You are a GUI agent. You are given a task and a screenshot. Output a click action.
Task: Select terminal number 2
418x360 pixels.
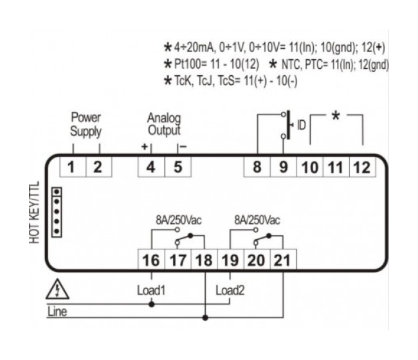pyautogui.click(x=98, y=168)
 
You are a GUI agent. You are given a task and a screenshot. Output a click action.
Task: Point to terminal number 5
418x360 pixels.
pyautogui.click(x=177, y=168)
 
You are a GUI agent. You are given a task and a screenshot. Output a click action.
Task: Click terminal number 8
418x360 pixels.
pyautogui.click(x=257, y=168)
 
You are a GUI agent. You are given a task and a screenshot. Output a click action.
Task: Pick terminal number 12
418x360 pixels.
pyautogui.click(x=361, y=168)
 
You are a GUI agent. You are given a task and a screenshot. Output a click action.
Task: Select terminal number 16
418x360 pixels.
pyautogui.click(x=151, y=260)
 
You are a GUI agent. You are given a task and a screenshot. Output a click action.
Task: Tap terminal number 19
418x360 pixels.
pyautogui.click(x=230, y=260)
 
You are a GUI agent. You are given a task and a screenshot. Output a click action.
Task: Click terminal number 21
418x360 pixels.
pyautogui.click(x=283, y=260)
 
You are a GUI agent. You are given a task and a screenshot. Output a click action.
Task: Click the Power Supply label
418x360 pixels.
pyautogui.click(x=86, y=125)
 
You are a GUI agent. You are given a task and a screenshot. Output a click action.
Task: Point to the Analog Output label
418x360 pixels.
pyautogui.click(x=165, y=125)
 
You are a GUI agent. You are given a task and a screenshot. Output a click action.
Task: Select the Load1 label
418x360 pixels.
pyautogui.click(x=151, y=289)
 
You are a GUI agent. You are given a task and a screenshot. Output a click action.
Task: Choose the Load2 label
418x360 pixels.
pyautogui.click(x=230, y=289)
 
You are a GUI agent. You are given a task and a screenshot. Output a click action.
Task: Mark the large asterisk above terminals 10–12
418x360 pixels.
pyautogui.click(x=335, y=118)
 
